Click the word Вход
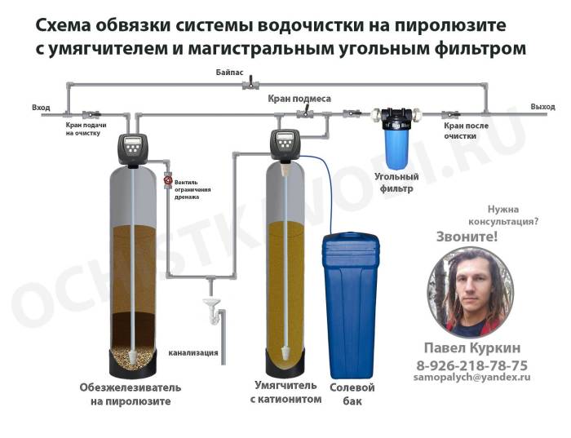(x=40, y=108)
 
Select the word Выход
(x=542, y=107)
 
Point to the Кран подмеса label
(x=299, y=99)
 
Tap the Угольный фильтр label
(x=396, y=182)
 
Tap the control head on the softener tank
(x=285, y=144)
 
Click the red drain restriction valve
(x=168, y=180)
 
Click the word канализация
(x=193, y=353)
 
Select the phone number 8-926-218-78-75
(x=471, y=365)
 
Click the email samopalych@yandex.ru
(x=471, y=378)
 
